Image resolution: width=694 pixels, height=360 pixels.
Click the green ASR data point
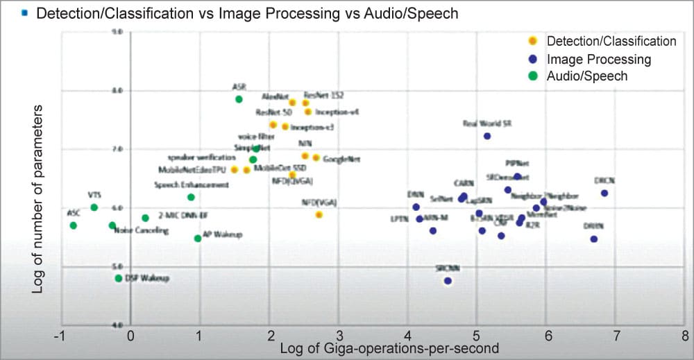239,99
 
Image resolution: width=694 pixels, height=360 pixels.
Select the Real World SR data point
487,136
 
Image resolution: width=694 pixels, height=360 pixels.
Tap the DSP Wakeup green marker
119,278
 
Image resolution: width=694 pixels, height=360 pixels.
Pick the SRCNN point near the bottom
448,281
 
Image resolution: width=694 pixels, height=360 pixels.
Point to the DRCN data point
604,193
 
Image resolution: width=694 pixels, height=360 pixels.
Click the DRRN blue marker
594,239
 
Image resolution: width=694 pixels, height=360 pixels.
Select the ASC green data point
73,225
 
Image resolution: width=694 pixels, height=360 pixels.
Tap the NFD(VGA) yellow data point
319,215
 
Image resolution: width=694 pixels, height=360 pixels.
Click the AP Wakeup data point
198,239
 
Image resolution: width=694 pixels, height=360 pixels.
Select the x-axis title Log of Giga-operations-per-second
389,349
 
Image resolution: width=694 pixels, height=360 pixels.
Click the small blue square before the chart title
25,12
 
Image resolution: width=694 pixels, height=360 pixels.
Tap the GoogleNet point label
342,159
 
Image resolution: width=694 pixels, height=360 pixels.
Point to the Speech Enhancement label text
192,185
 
